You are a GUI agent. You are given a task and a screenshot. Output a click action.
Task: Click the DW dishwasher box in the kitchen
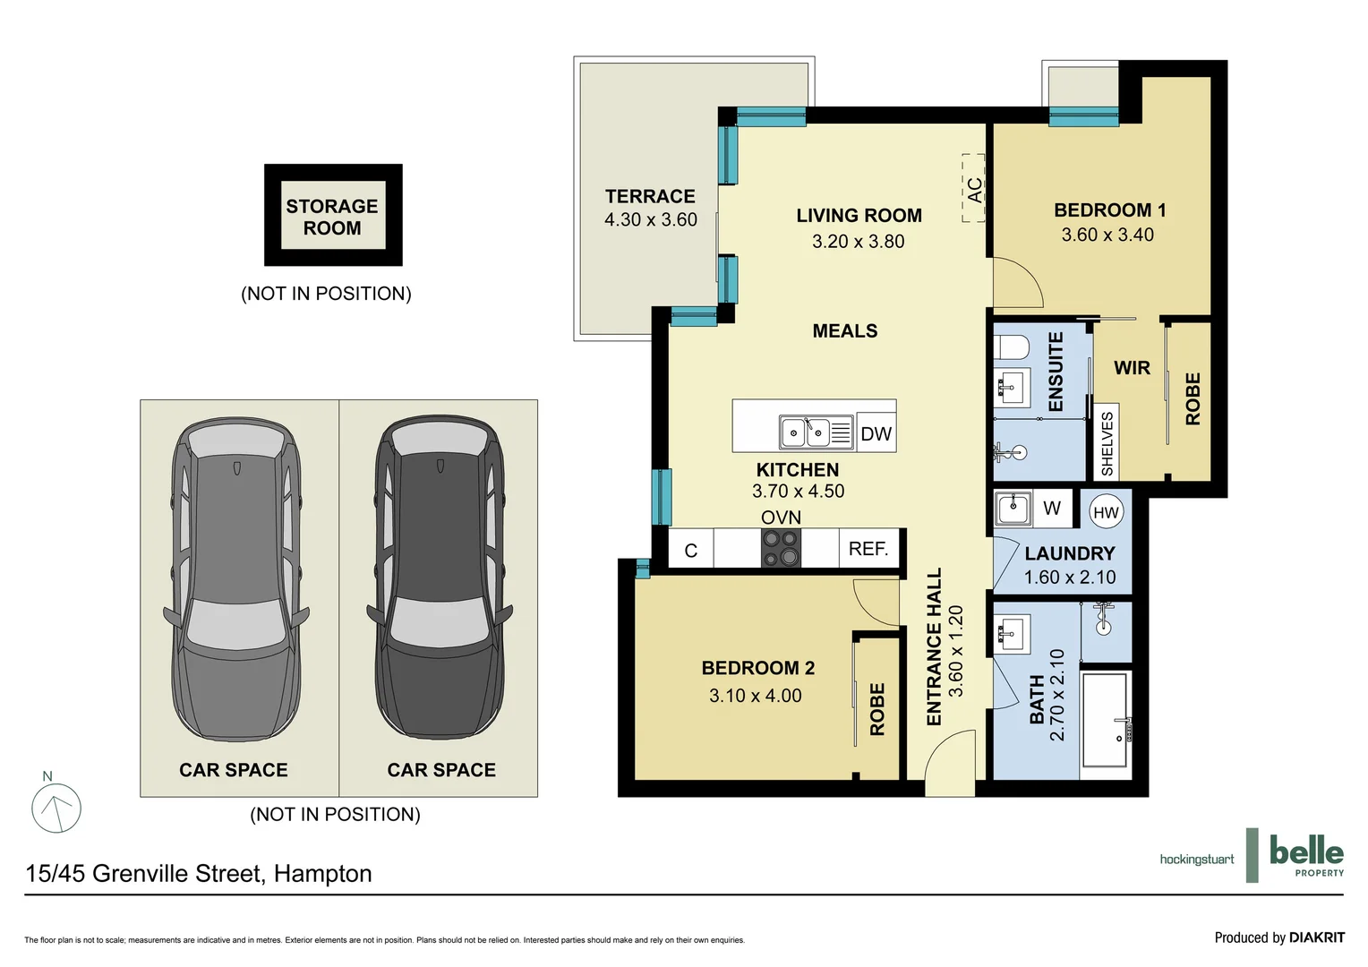876,433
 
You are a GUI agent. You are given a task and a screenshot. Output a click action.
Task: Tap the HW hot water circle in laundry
1106,512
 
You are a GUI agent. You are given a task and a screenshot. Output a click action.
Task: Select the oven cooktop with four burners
781,548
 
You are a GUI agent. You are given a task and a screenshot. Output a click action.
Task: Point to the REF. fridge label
868,548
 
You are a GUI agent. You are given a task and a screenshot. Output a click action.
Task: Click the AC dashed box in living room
973,188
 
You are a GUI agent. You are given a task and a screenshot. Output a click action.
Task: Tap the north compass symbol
56,807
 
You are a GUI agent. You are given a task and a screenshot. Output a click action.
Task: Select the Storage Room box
333,216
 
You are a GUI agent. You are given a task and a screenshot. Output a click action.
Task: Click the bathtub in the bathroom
1105,720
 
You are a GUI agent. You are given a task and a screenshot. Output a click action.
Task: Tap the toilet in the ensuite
1013,347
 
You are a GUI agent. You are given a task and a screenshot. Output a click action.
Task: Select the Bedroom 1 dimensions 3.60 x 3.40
1107,235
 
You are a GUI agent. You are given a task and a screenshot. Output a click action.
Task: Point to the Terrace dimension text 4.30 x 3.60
650,219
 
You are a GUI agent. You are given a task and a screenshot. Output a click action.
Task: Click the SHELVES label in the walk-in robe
1107,443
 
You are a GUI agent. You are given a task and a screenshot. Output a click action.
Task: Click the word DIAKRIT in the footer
1316,937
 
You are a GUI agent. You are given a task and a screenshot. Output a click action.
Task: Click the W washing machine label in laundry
1052,509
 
